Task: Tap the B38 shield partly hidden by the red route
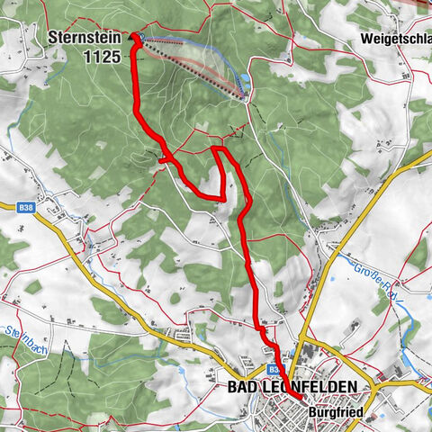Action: pos(274,369)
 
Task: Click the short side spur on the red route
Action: pos(163,160)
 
